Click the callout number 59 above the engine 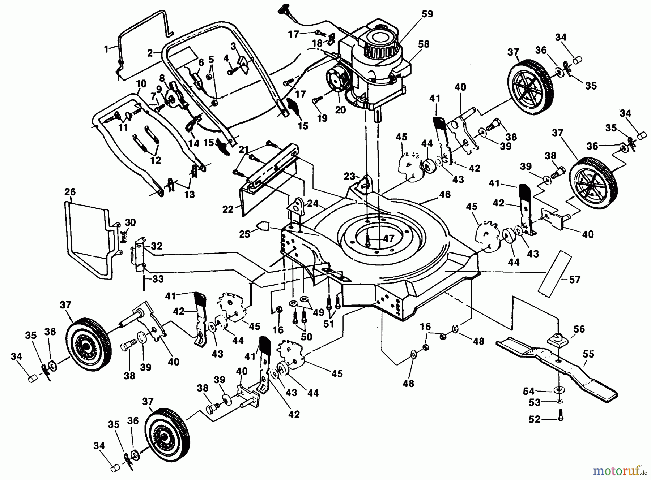pyautogui.click(x=427, y=14)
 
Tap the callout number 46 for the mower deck pyautogui.click(x=444, y=194)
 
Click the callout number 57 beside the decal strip pyautogui.click(x=575, y=279)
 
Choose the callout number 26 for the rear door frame pyautogui.click(x=70, y=192)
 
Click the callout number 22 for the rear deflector pyautogui.click(x=228, y=209)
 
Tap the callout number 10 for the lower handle pyautogui.click(x=141, y=84)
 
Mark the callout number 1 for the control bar pyautogui.click(x=106, y=49)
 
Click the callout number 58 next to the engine pyautogui.click(x=424, y=44)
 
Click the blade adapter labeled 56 pyautogui.click(x=557, y=340)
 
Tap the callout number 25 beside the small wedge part pyautogui.click(x=245, y=234)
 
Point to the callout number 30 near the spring pyautogui.click(x=130, y=222)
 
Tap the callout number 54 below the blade pyautogui.click(x=529, y=391)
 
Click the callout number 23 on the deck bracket pyautogui.click(x=350, y=177)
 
